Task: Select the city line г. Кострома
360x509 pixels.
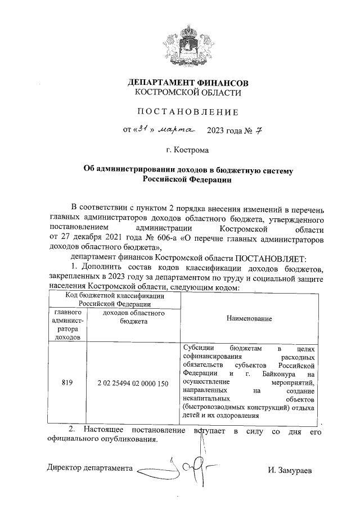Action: coord(187,151)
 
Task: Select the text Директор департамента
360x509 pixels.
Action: coord(90,468)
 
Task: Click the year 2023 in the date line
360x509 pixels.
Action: coord(216,132)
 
